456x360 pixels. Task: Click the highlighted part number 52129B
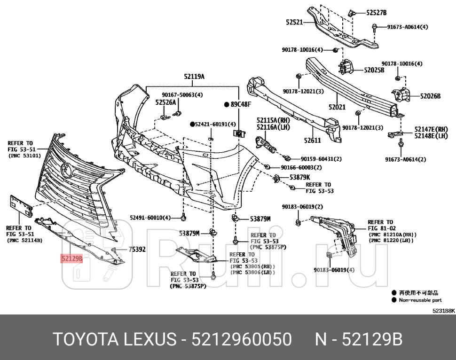pyautogui.click(x=71, y=258)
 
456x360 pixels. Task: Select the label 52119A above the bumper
pyautogui.click(x=194, y=76)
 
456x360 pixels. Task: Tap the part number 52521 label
pyautogui.click(x=294, y=22)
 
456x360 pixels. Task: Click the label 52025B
pyautogui.click(x=374, y=70)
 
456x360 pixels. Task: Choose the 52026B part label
pyautogui.click(x=430, y=96)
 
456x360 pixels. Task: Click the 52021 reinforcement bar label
pyautogui.click(x=337, y=107)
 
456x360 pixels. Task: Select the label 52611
pyautogui.click(x=312, y=140)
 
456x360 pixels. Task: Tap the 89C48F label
pyautogui.click(x=241, y=104)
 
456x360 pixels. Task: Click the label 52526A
pyautogui.click(x=165, y=102)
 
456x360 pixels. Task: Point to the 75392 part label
pyautogui.click(x=137, y=250)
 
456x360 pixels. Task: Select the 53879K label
pyautogui.click(x=299, y=177)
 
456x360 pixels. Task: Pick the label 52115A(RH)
pyautogui.click(x=273, y=120)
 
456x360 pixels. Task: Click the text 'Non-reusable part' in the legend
pyautogui.click(x=420, y=299)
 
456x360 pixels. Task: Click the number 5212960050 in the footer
pyautogui.click(x=241, y=339)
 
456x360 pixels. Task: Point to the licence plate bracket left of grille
pyautogui.click(x=21, y=205)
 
